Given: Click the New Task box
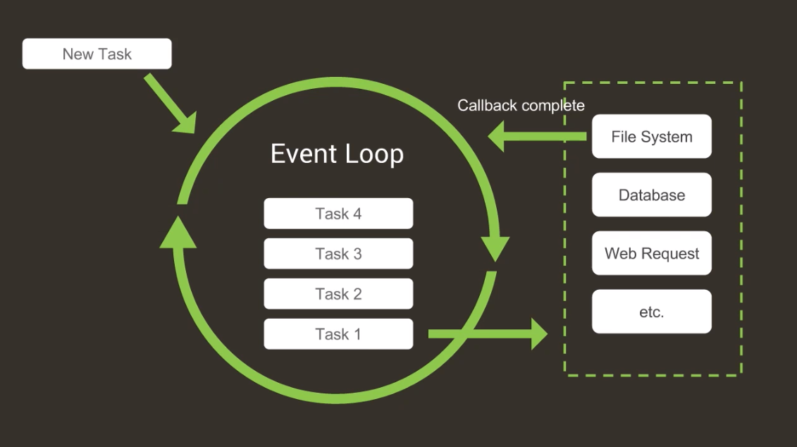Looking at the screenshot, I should click(97, 54).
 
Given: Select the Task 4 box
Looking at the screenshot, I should click(338, 214).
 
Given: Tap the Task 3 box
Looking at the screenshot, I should click(338, 254).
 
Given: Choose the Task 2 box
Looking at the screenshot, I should click(338, 294).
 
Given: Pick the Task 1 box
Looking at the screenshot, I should click(338, 334).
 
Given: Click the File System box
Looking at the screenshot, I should click(651, 137).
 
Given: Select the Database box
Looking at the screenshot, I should click(651, 195).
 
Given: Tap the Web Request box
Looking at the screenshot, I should click(651, 254).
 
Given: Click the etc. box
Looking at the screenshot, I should click(651, 312).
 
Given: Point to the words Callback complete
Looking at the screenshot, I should click(521, 106).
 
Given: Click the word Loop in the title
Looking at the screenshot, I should click(374, 154).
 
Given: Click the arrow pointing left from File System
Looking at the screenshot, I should click(536, 136).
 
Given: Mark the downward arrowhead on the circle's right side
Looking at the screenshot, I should click(495, 247).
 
